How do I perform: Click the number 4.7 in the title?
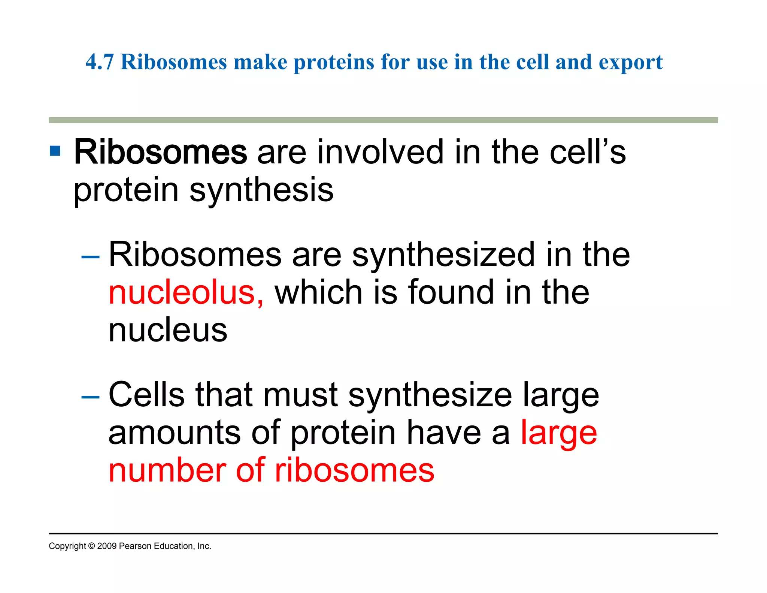pos(99,62)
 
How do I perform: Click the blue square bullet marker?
pos(55,151)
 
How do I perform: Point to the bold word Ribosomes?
pos(160,152)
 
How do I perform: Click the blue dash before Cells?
pos(90,396)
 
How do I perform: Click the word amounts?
pos(174,433)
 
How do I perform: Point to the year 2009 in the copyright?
pos(107,546)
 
